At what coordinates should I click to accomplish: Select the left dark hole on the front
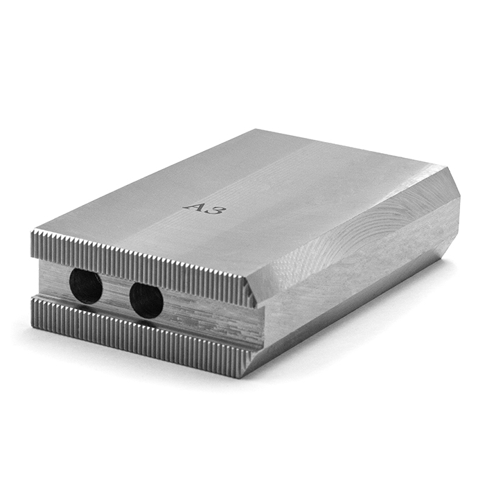(86, 285)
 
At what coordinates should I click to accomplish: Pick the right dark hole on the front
(146, 300)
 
